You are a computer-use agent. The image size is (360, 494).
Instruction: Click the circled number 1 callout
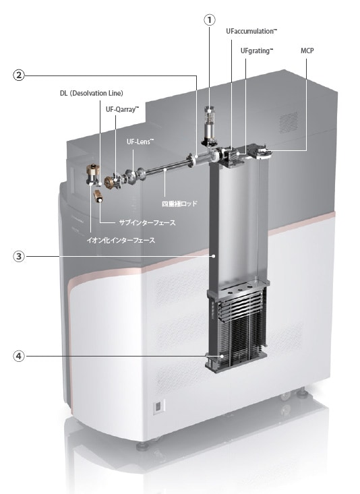point(210,20)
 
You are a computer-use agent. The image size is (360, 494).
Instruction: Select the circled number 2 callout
point(19,75)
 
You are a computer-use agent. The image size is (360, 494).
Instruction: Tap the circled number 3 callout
point(19,256)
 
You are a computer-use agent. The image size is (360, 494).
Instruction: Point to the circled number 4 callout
point(19,356)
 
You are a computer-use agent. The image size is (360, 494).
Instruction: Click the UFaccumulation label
point(251,31)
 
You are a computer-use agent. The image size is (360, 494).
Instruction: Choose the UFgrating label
point(257,51)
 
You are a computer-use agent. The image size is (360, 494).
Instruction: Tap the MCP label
point(307,51)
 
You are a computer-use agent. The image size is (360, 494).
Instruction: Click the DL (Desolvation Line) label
point(92,93)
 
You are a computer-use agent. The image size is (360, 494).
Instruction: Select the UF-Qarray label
point(122,110)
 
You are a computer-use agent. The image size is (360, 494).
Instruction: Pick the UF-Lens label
point(140,142)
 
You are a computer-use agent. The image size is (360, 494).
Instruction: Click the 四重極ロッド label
point(179,204)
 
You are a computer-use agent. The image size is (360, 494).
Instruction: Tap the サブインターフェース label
point(147,223)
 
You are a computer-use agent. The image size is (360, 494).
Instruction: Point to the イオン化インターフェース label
point(121,241)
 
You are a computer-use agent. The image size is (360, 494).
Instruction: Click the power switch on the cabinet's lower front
point(159,406)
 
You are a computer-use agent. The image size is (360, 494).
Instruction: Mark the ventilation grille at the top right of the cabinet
point(288,122)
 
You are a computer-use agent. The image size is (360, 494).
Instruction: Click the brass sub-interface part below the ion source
point(98,196)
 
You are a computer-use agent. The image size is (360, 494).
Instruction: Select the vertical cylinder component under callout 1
point(208,126)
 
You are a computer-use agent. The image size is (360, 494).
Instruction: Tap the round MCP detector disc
point(263,152)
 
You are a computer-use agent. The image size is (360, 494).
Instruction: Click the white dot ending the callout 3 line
point(214,257)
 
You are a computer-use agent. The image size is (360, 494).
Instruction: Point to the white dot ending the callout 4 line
point(222,357)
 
